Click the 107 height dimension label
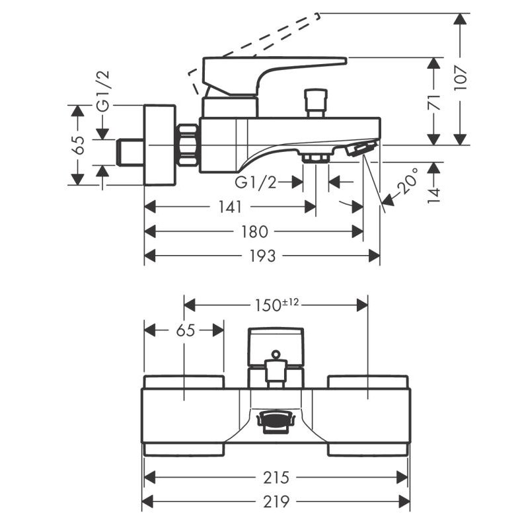coord(461,79)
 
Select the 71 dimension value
coord(434,102)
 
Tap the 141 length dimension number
coord(231,207)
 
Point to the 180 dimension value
coord(254,232)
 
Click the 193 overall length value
coord(262,256)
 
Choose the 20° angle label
coord(408,181)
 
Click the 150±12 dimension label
coord(277,305)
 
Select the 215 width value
coord(276,478)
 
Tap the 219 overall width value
coord(276,502)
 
